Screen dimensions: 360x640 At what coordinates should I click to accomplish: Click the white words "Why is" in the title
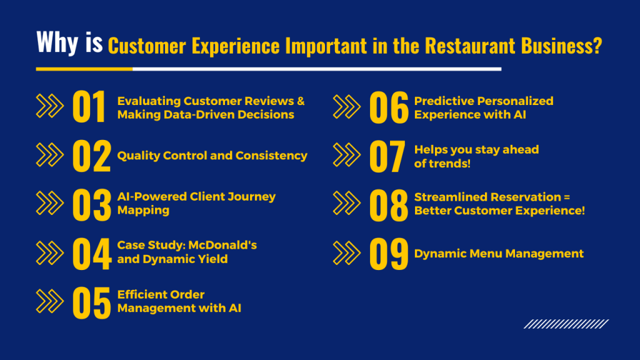point(69,42)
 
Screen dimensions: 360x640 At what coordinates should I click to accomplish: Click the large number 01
point(90,107)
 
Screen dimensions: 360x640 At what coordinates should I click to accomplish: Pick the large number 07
point(387,156)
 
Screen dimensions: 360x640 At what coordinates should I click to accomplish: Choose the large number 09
point(388,254)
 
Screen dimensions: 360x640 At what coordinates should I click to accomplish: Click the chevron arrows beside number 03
point(50,204)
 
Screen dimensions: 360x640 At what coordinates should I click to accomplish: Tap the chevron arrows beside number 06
point(347,107)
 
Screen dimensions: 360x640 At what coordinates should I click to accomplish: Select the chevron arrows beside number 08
point(347,204)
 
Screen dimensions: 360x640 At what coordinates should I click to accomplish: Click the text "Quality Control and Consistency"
point(212,156)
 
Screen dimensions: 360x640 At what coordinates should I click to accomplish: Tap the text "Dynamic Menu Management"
point(499,254)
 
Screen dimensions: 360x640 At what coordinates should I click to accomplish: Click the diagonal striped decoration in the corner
point(566,324)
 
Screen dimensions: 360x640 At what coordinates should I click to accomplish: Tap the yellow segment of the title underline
point(84,69)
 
